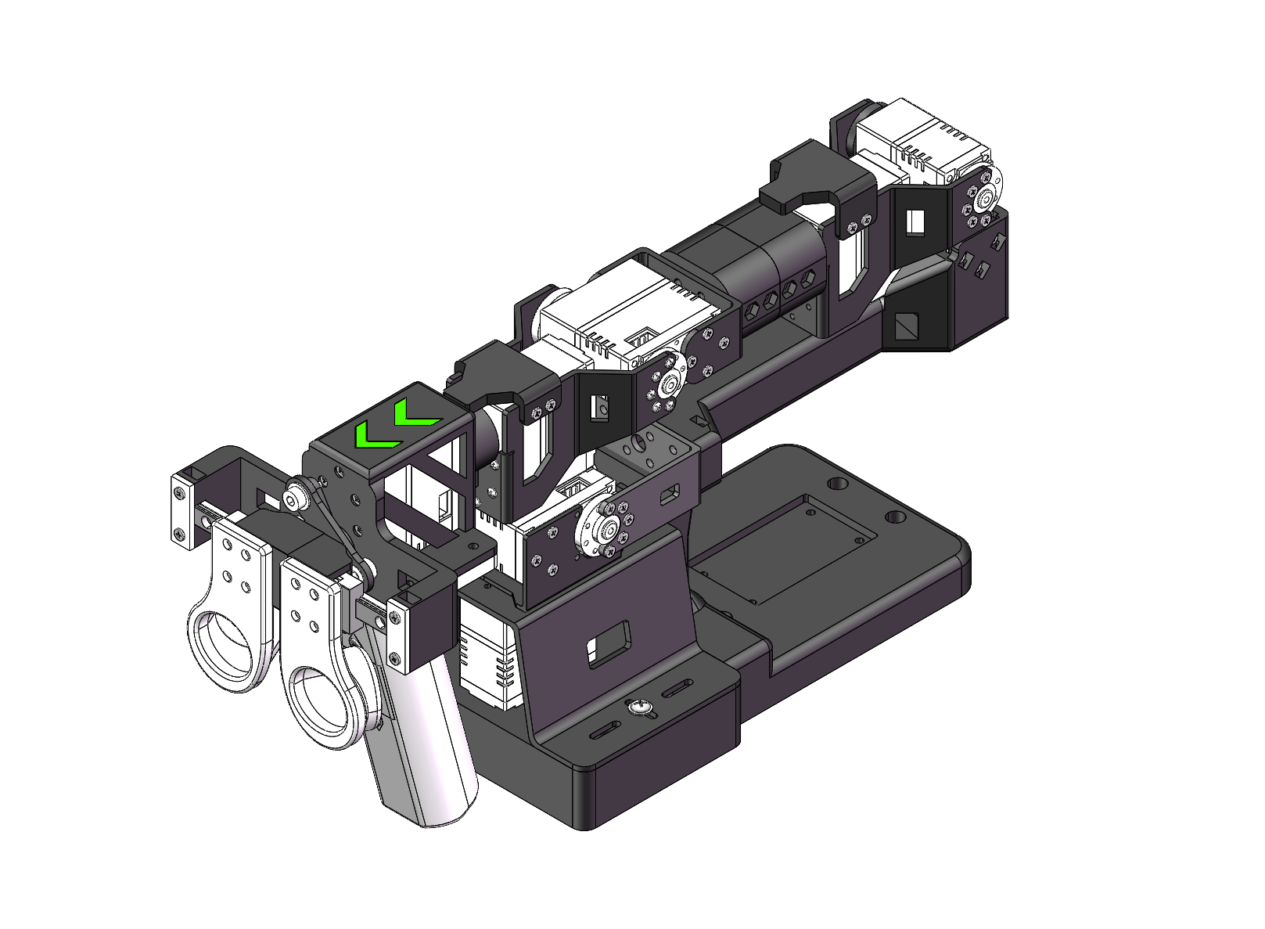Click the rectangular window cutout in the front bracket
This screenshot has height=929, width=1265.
pos(609,644)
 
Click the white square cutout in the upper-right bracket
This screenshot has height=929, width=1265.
pos(915,221)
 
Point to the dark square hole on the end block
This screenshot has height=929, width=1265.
pos(907,326)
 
